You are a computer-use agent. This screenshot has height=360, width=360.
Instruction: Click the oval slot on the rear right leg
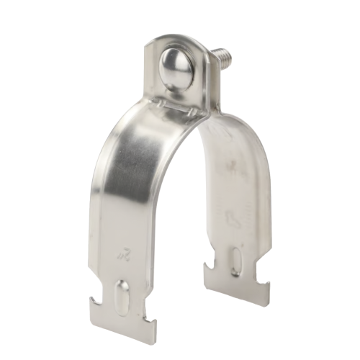237,260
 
